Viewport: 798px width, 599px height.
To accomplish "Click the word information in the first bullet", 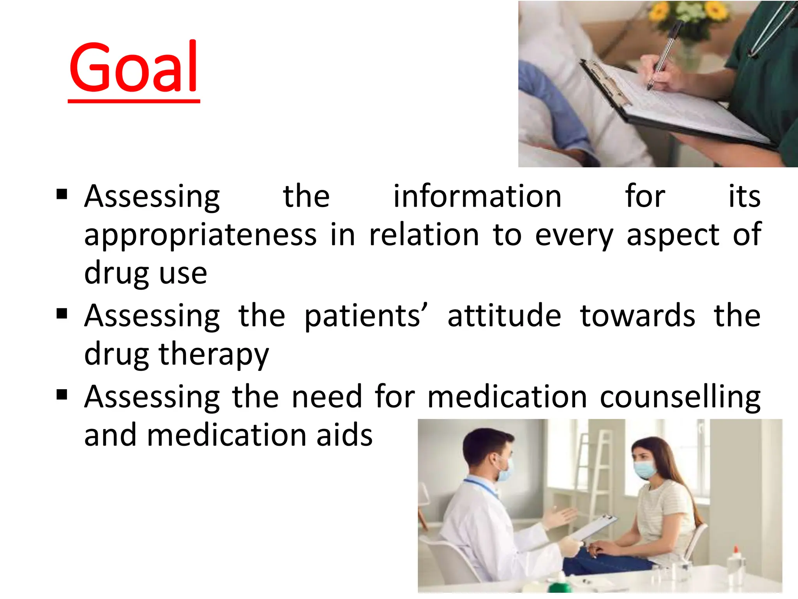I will (x=477, y=196).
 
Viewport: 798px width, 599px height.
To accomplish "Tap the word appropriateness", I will (x=201, y=235).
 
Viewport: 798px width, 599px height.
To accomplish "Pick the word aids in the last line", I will (x=344, y=435).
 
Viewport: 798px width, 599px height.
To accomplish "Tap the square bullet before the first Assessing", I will (x=62, y=194).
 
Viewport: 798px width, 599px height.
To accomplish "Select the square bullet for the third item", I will (x=62, y=395).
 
